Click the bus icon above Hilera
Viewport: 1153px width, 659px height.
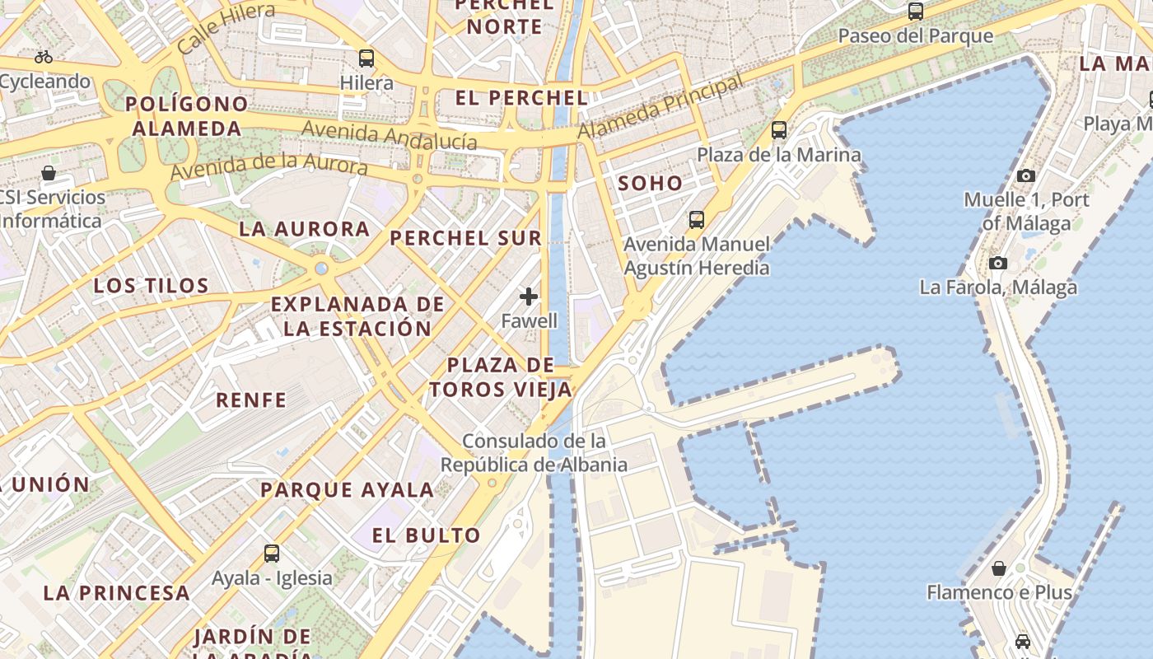point(366,58)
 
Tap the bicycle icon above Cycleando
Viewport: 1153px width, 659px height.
point(44,57)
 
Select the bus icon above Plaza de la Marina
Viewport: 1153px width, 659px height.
point(778,130)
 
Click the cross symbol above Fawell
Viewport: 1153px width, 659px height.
point(529,297)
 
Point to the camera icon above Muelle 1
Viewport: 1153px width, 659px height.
point(1025,175)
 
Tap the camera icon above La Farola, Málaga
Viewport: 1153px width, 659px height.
point(998,264)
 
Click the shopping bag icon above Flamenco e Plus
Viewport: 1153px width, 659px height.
point(998,568)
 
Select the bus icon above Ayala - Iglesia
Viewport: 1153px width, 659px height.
point(272,554)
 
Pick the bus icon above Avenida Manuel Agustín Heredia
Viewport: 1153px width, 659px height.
point(697,220)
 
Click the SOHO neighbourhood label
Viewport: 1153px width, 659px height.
point(651,183)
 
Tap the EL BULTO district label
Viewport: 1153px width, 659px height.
point(426,535)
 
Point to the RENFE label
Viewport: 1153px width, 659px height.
point(251,400)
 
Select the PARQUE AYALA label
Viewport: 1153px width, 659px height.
point(347,489)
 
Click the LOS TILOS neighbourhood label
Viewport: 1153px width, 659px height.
point(151,286)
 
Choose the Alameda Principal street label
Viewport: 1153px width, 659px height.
point(660,108)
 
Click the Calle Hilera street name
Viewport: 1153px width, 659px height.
point(226,27)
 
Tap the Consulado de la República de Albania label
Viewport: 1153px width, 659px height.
point(534,452)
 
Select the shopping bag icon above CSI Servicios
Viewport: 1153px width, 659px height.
point(49,173)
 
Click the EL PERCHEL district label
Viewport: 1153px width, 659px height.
point(521,97)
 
